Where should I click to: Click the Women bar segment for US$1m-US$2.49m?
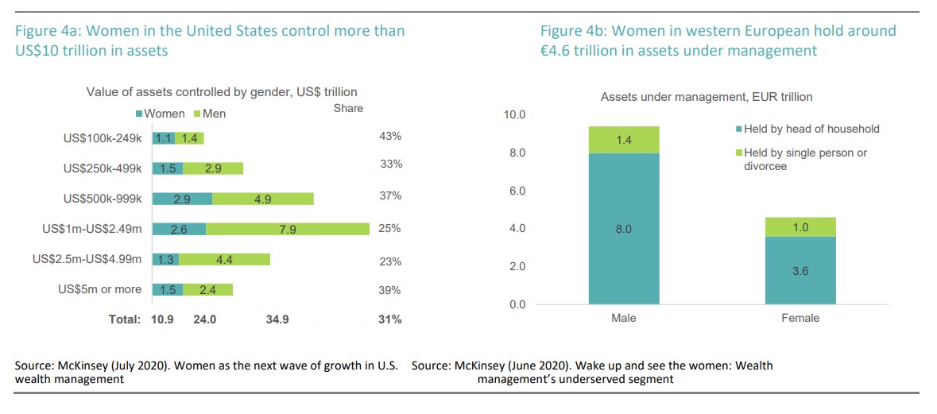tap(179, 229)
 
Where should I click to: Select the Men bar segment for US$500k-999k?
tap(263, 199)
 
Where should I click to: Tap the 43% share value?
tap(389, 137)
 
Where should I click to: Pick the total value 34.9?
tap(277, 319)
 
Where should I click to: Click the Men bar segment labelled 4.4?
tap(225, 259)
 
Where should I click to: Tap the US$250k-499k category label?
tap(103, 168)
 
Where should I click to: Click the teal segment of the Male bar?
tap(625, 229)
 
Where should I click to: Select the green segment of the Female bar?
tap(800, 226)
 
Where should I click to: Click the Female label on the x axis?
tap(800, 318)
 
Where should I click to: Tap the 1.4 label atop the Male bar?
tap(625, 140)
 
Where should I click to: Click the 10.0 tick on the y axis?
tap(514, 115)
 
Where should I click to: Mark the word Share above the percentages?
tap(348, 108)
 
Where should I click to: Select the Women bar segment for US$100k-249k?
tap(164, 138)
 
